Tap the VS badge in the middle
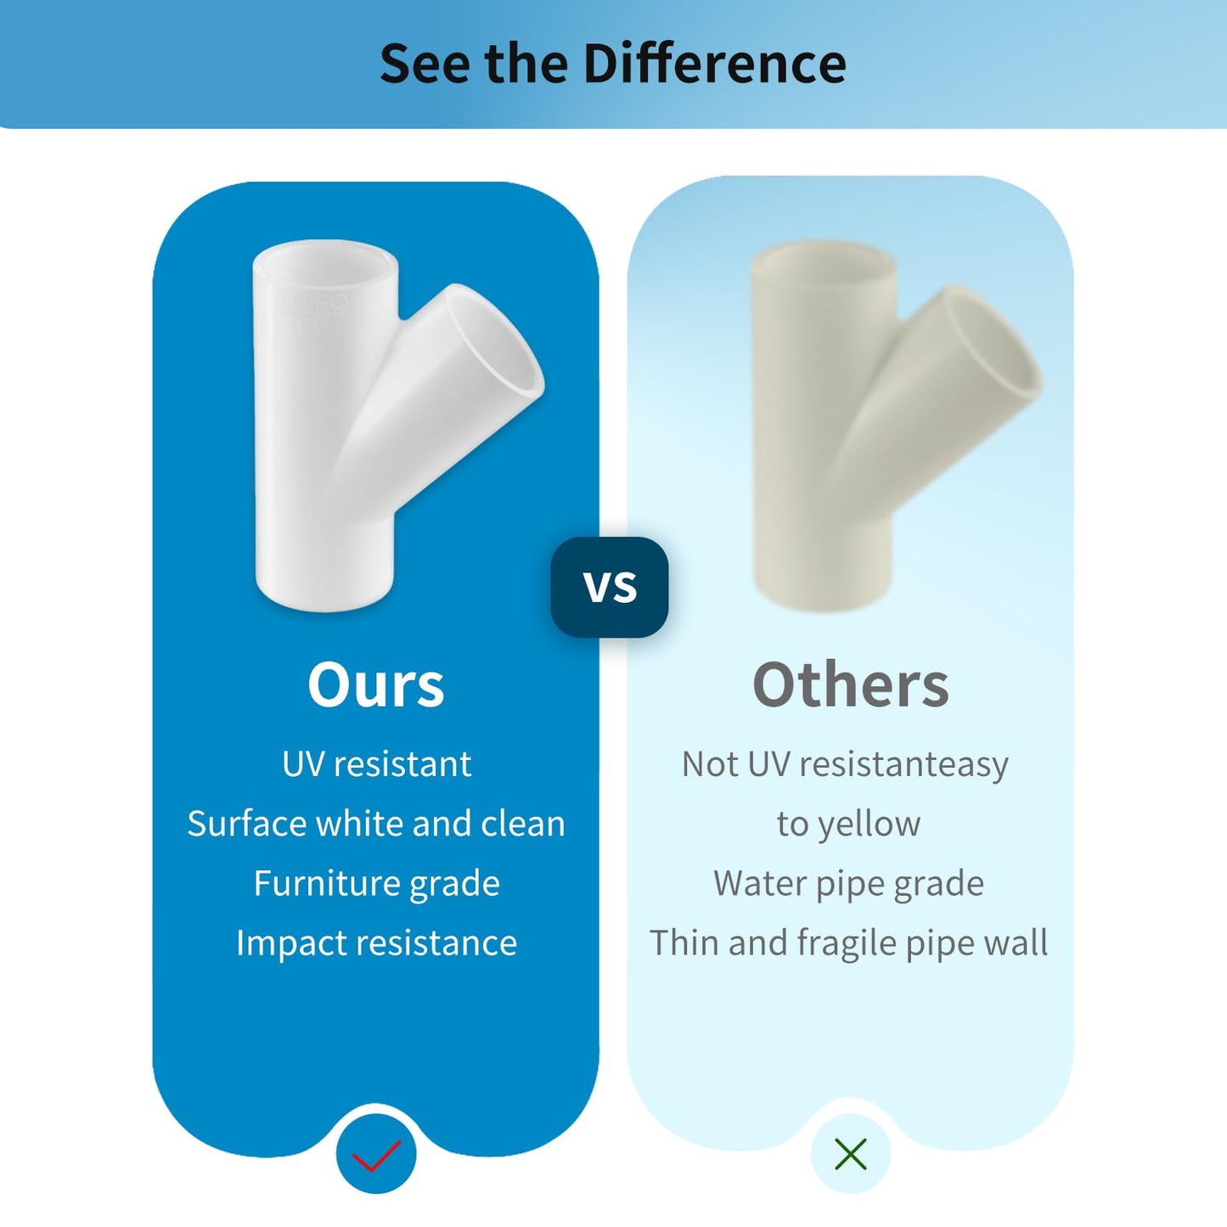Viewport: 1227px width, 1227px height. point(610,587)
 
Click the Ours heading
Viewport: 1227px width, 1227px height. point(375,684)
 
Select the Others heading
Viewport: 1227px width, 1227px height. point(850,684)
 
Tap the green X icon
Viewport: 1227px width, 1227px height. point(851,1155)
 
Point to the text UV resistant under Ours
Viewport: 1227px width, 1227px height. point(376,763)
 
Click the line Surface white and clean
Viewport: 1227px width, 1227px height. point(376,824)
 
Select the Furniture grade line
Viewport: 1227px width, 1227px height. point(376,883)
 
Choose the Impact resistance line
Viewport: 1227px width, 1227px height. point(376,943)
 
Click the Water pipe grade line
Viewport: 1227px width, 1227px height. point(849,883)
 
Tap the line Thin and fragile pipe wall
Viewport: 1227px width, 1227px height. point(849,943)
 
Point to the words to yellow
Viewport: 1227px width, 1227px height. point(849,825)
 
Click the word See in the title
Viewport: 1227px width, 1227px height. point(426,63)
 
